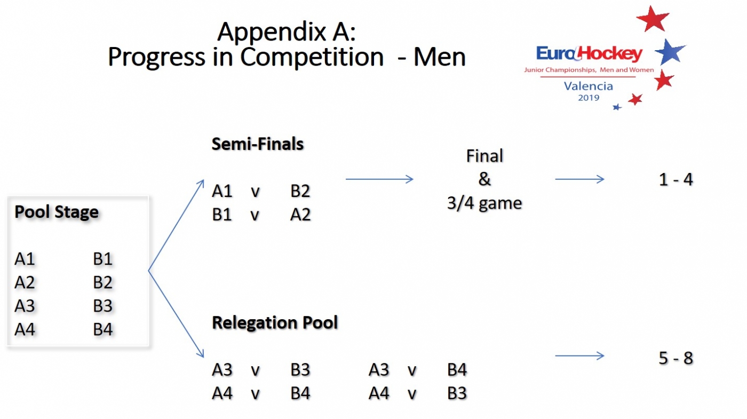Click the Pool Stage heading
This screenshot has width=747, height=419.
click(x=57, y=212)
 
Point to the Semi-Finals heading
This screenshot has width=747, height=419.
click(x=258, y=144)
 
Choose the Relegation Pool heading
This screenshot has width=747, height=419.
click(x=275, y=323)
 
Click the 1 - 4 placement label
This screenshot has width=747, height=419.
click(x=676, y=180)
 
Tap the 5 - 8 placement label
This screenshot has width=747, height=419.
click(x=676, y=358)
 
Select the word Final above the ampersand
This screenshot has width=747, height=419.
click(x=484, y=156)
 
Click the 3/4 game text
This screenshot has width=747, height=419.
click(x=484, y=203)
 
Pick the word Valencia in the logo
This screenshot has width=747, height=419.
click(x=589, y=86)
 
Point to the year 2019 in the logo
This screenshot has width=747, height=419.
click(x=589, y=98)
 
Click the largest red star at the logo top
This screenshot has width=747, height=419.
click(x=653, y=19)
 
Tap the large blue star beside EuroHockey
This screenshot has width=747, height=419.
click(x=670, y=52)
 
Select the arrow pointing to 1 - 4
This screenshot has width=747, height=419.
click(x=579, y=179)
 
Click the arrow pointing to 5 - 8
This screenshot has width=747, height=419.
click(x=579, y=356)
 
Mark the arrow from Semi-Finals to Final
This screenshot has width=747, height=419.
click(x=379, y=179)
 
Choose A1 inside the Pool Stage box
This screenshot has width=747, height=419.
click(x=25, y=259)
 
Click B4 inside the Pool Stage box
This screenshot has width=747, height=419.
click(x=103, y=329)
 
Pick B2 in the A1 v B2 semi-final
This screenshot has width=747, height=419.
click(x=300, y=191)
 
